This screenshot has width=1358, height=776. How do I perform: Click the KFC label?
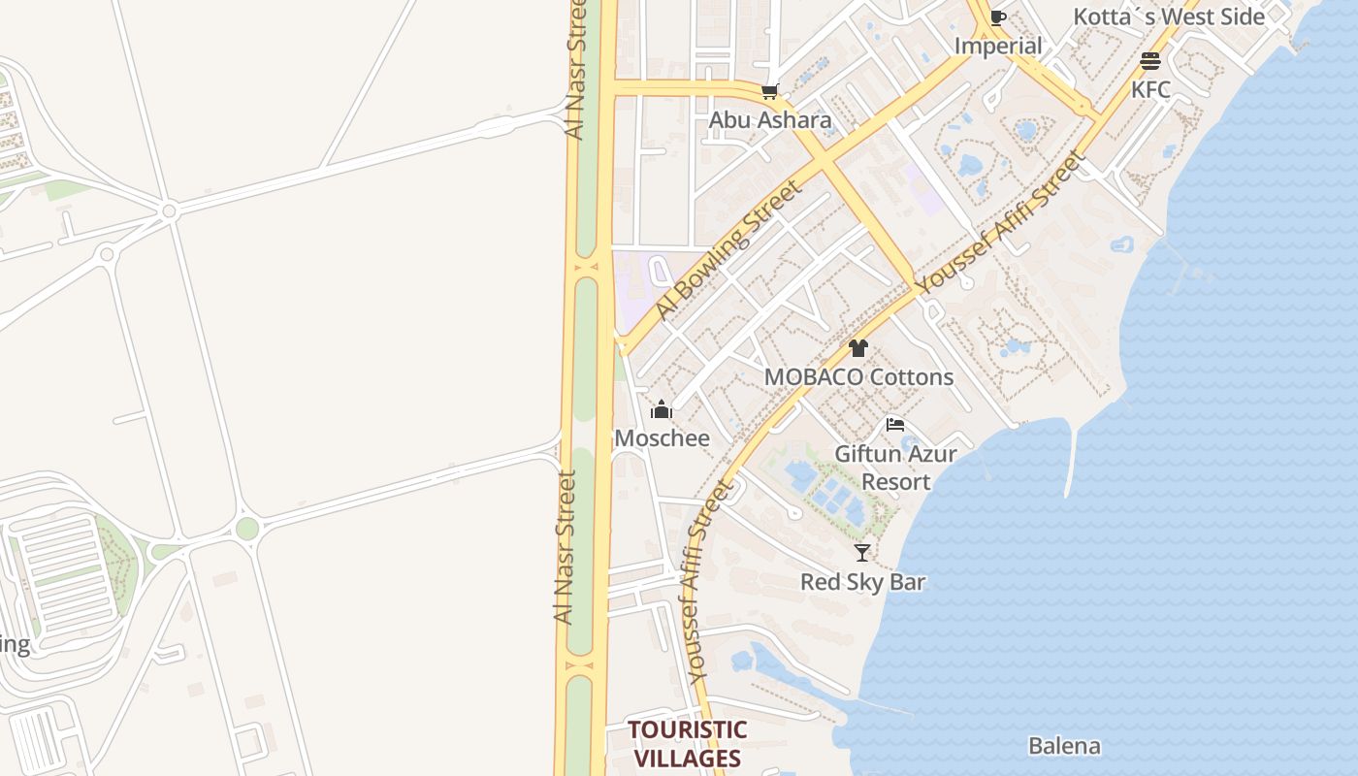[1150, 90]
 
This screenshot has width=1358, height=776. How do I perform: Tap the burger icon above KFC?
[1150, 62]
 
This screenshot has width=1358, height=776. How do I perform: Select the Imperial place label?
[998, 46]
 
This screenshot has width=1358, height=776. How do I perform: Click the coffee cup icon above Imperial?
[998, 17]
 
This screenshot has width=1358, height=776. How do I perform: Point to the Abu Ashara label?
[770, 120]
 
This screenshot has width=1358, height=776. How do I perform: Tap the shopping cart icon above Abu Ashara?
[770, 92]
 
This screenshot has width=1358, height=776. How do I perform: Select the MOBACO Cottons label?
[858, 377]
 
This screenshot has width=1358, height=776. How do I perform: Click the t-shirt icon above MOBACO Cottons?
[857, 348]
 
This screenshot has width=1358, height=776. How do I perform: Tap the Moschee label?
[662, 438]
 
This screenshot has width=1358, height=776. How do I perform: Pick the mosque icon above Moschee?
[662, 409]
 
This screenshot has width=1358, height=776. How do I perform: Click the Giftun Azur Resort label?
[895, 468]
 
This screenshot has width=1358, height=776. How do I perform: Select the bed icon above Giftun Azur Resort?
[895, 425]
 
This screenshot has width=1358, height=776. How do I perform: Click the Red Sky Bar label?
[862, 582]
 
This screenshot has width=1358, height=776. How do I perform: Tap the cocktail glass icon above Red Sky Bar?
[861, 553]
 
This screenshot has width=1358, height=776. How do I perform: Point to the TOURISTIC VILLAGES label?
[687, 744]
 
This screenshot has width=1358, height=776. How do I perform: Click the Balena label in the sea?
[1064, 746]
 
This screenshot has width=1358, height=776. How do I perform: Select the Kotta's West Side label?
[1168, 16]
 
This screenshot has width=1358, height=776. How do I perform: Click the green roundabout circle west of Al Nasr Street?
[247, 529]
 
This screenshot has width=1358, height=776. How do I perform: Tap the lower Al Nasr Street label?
[565, 547]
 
